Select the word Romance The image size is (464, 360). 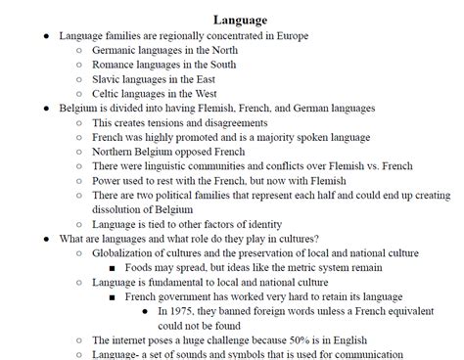(116, 65)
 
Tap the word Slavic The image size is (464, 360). (108, 79)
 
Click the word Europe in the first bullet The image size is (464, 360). (290, 35)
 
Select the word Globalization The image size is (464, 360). (128, 252)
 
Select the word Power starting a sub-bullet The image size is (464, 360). (108, 181)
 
